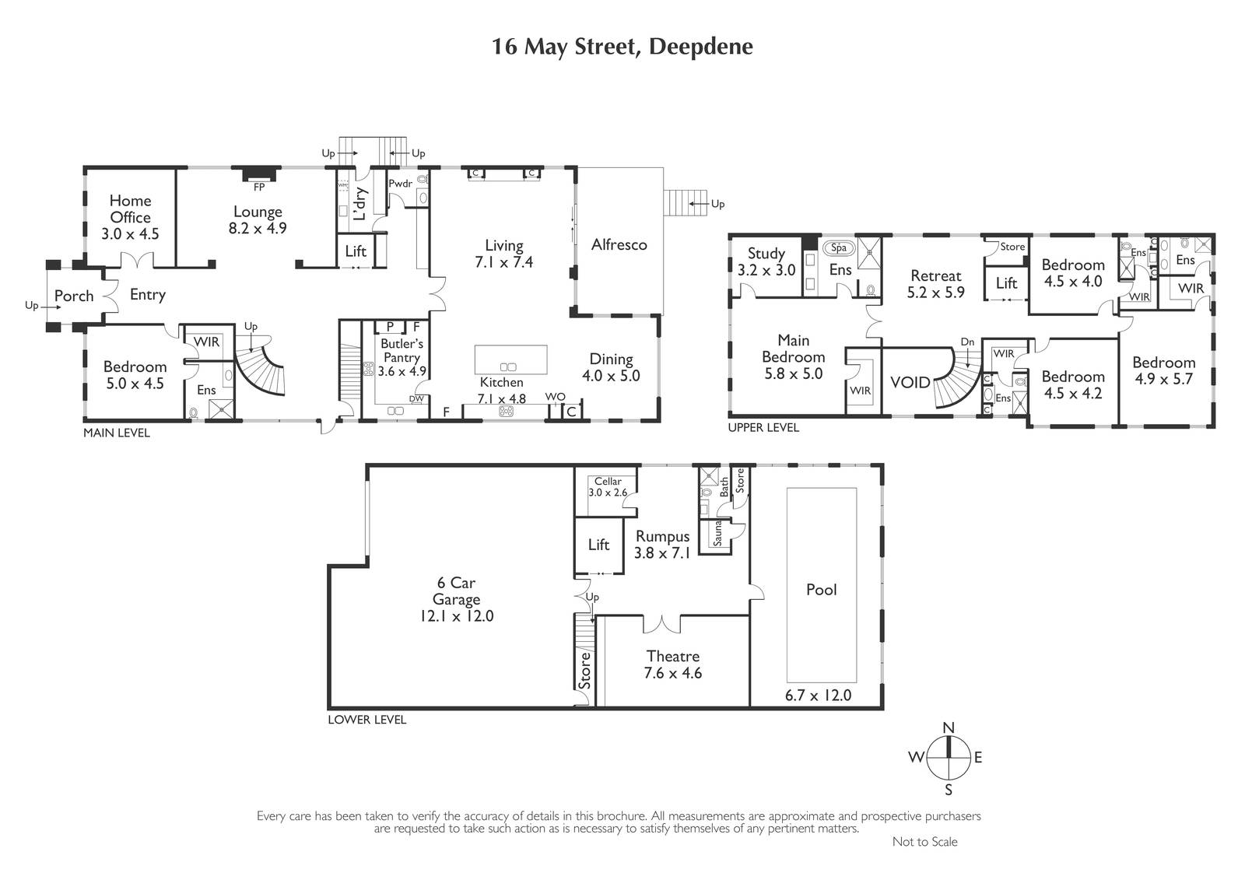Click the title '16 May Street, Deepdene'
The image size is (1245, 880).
point(622,47)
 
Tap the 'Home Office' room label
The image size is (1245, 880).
point(130,209)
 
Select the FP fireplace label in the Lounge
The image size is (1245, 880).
point(259,188)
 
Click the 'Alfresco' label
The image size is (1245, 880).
point(619,244)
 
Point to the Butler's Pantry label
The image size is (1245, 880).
point(402,350)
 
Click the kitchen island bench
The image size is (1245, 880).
point(510,359)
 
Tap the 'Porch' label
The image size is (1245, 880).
point(74,296)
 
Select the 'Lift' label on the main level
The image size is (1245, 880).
point(356,251)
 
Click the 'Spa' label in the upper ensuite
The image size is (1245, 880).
point(839,248)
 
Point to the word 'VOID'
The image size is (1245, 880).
point(910,383)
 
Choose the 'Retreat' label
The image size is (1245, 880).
point(936,275)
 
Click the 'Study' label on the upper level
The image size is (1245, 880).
point(766,254)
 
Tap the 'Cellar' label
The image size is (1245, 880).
point(608,482)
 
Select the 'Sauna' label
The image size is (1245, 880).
point(717,533)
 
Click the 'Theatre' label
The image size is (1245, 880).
point(672,656)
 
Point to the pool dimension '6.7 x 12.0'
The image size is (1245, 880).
point(818,696)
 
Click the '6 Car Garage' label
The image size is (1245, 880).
point(456,591)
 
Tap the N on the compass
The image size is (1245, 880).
point(949,727)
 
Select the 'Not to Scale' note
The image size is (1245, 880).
point(925,842)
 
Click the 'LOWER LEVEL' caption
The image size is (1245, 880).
point(366,720)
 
